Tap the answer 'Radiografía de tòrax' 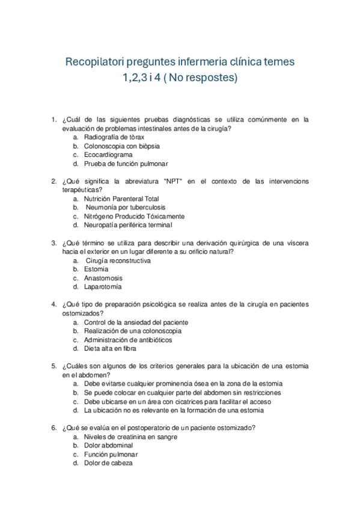click(x=114, y=137)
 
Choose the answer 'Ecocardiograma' click(x=108, y=155)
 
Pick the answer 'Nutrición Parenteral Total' click(x=121, y=198)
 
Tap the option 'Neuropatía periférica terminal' click(x=128, y=226)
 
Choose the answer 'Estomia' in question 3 click(x=96, y=269)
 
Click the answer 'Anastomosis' click(x=103, y=278)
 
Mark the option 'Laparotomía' click(x=103, y=287)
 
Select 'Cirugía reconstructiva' click(x=118, y=261)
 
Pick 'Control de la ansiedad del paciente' click(x=136, y=322)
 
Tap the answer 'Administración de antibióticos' click(x=128, y=340)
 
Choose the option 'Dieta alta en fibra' click(x=110, y=349)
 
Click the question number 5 click(x=54, y=366)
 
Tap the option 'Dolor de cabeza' click(x=108, y=464)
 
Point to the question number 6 click(x=54, y=428)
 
